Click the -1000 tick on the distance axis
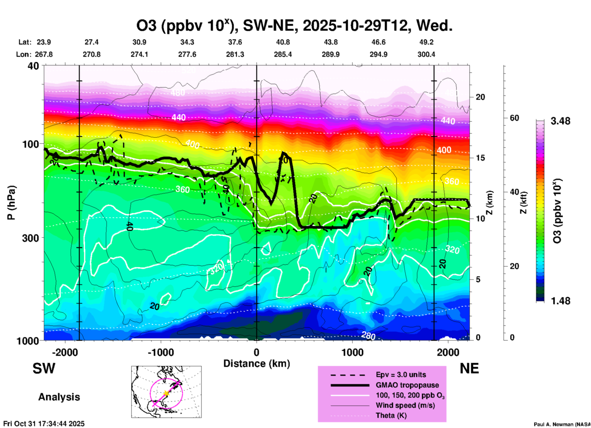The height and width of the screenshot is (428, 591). tap(160, 352)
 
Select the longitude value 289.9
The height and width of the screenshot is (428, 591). tap(330, 55)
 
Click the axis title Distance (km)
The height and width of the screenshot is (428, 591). tap(257, 364)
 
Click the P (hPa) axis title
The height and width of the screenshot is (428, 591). tap(11, 203)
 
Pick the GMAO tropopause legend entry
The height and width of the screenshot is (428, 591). tap(407, 385)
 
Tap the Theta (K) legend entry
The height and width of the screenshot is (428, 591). tap(391, 415)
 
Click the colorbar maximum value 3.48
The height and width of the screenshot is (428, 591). tap(560, 121)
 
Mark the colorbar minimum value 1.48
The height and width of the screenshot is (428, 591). tap(560, 301)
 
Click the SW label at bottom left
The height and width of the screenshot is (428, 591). tap(44, 368)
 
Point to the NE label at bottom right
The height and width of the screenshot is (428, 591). tap(469, 368)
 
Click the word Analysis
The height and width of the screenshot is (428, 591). tap(59, 397)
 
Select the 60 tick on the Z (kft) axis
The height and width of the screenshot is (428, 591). tap(514, 118)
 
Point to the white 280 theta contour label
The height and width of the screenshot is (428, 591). tap(368, 336)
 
